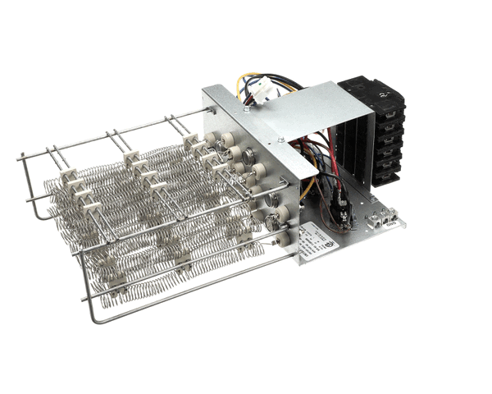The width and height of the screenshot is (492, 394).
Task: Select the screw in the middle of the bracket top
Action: pyautogui.click(x=281, y=140)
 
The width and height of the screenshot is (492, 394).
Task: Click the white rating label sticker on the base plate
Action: pyautogui.click(x=317, y=243)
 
